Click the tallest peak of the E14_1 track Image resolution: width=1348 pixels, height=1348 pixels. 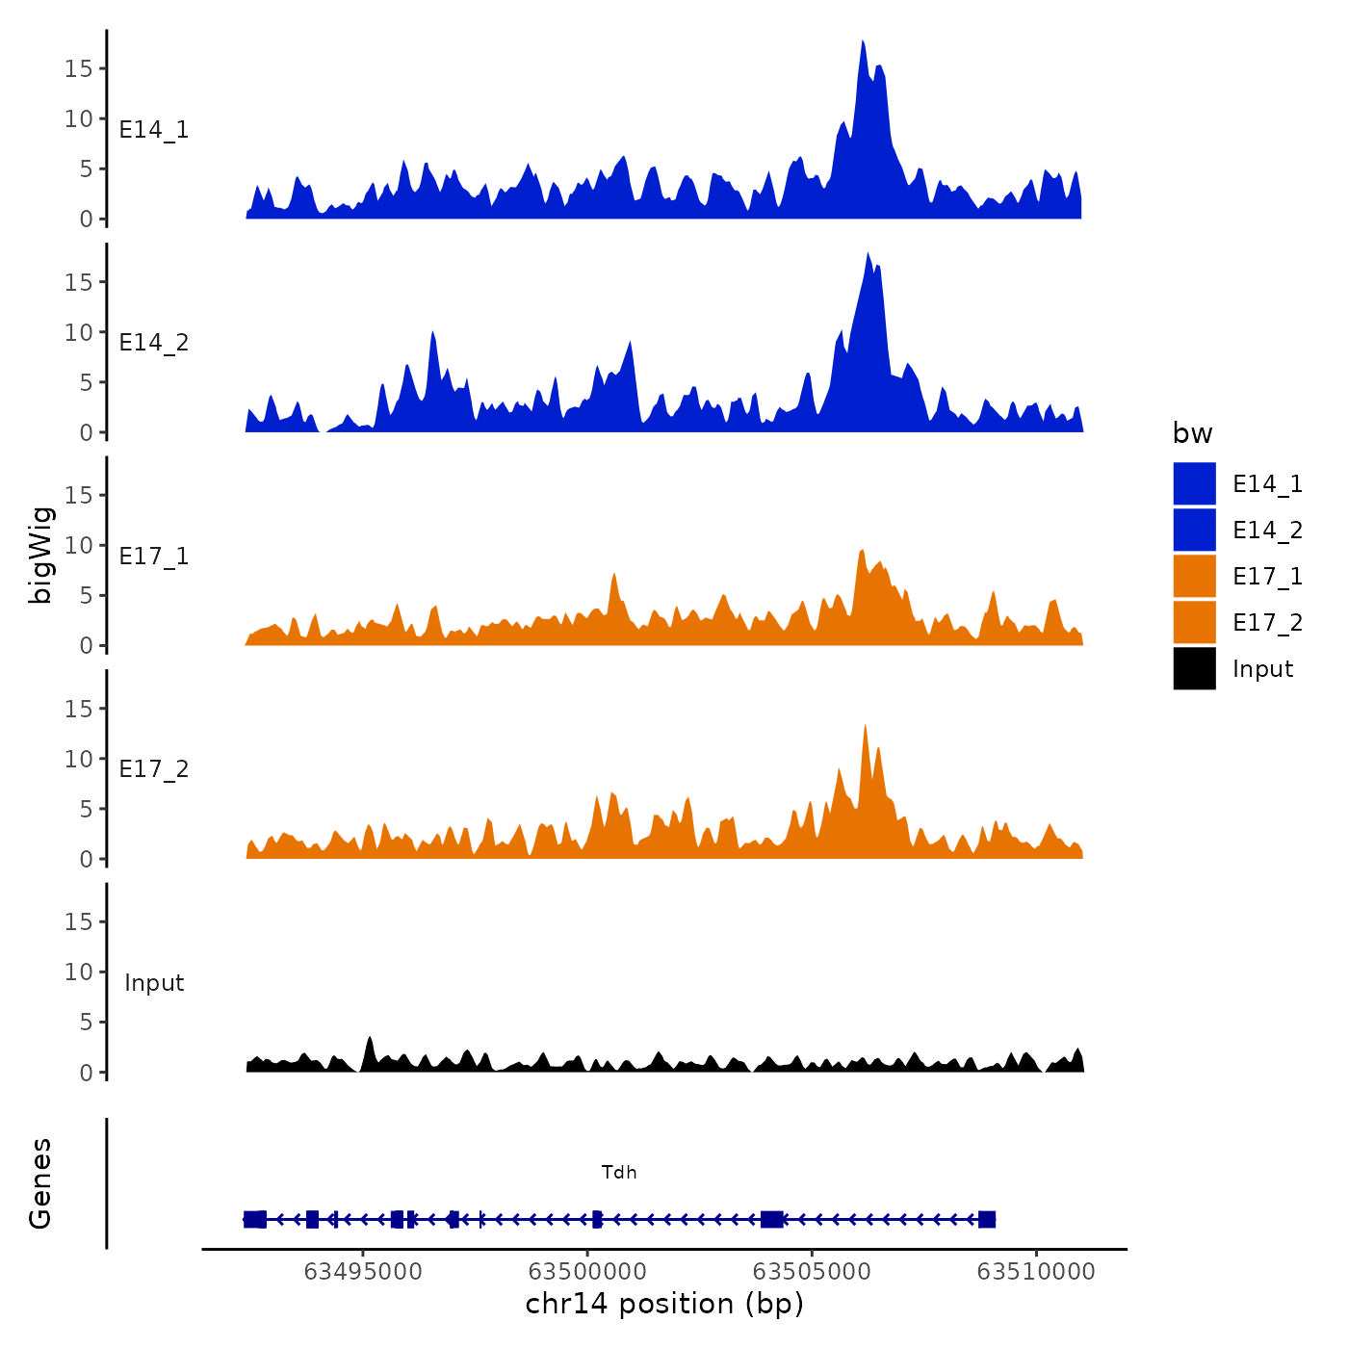pos(863,42)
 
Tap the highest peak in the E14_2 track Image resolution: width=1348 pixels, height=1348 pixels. pos(868,254)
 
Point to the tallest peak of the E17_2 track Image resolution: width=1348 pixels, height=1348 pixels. pos(865,726)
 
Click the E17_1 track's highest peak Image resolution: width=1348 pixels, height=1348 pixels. pos(862,552)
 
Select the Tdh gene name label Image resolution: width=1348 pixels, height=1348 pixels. pos(619,1172)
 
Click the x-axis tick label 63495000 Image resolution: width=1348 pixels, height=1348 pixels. pos(363,1272)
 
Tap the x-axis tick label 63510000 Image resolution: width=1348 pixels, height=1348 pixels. pos(1036,1272)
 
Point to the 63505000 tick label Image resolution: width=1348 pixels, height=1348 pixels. pos(812,1272)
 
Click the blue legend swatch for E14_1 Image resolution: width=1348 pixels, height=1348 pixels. pos(1194,483)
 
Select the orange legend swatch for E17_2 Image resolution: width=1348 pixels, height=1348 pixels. pos(1194,622)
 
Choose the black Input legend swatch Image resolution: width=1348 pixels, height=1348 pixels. pos(1194,668)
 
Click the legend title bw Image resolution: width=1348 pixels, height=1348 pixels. pos(1192,433)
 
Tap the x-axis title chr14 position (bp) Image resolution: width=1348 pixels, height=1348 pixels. pos(664,1304)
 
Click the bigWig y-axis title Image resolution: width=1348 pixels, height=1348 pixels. pos(40,555)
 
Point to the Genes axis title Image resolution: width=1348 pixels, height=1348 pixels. pos(40,1183)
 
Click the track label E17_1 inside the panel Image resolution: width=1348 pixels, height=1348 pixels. pos(154,556)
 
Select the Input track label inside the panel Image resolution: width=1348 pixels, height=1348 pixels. pos(154,983)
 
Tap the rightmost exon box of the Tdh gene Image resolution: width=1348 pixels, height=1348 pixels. pos(986,1220)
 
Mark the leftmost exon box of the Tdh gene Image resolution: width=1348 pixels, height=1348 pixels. pos(254,1220)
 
